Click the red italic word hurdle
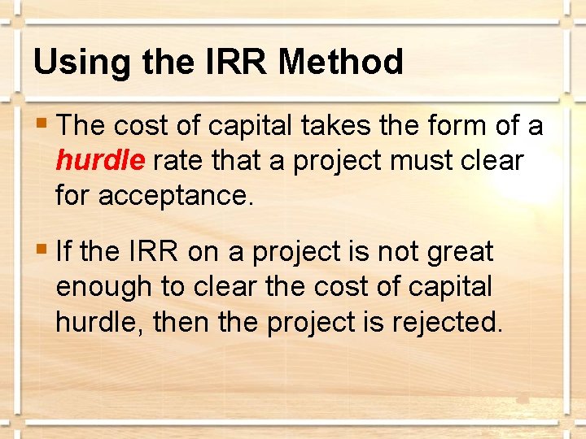(x=100, y=161)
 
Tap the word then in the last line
(x=178, y=322)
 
